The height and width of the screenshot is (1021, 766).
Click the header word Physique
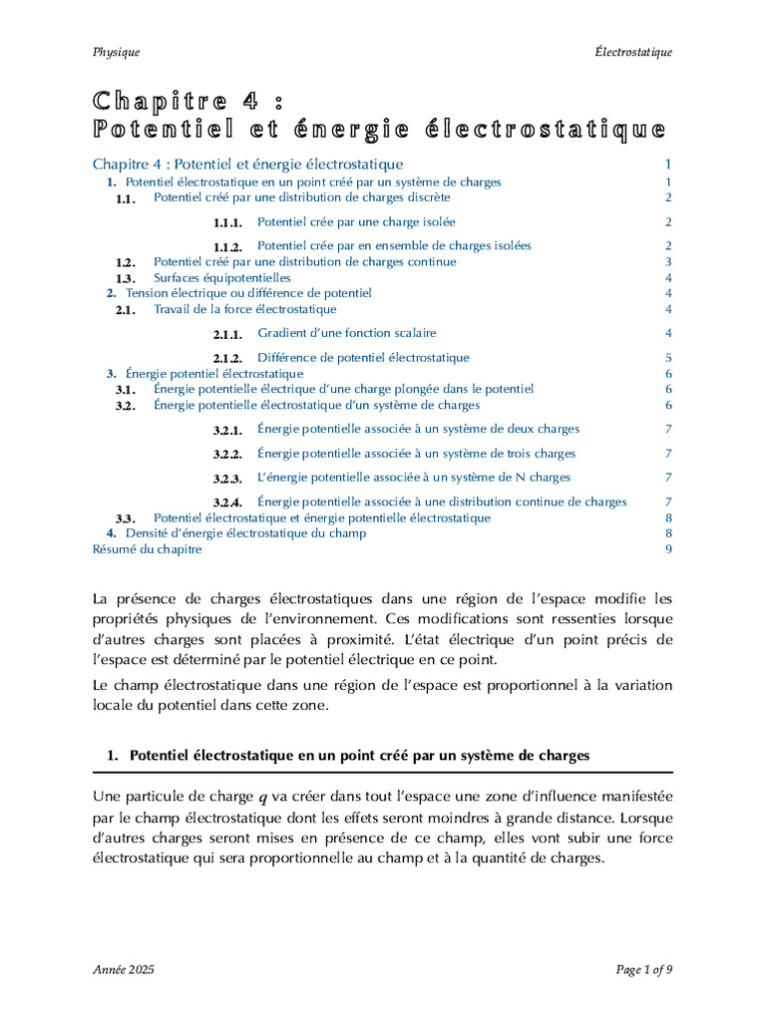[116, 52]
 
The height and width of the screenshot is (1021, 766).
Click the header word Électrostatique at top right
[633, 52]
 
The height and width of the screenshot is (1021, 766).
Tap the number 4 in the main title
[249, 101]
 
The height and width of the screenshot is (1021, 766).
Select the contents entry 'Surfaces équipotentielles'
[221, 278]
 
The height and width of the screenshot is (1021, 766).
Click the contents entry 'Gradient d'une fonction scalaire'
[346, 333]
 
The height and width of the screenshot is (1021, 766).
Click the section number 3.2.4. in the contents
[227, 503]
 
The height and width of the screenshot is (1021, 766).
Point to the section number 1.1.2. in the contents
[227, 246]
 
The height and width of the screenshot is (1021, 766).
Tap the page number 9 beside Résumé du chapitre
[668, 549]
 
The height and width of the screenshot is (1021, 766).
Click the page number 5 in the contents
[668, 358]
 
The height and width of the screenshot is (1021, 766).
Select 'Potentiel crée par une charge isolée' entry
[356, 222]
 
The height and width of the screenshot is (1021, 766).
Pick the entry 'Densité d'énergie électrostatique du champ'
[245, 533]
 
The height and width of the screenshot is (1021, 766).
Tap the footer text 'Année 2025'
[123, 970]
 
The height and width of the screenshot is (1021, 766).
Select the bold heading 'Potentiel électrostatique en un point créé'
[359, 756]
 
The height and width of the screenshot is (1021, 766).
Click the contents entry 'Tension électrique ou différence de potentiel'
[248, 293]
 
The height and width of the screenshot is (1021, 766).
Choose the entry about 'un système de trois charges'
[416, 454]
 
